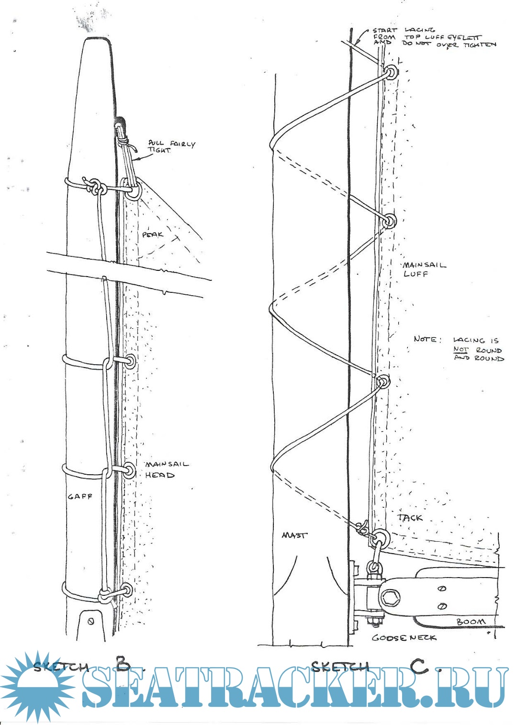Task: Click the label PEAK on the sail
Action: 153,234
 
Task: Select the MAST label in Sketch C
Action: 294,535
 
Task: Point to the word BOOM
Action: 470,622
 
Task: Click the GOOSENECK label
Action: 404,637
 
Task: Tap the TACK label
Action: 410,517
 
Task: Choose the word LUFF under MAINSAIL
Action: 416,274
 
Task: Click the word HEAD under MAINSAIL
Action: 160,475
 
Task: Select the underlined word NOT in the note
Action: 461,349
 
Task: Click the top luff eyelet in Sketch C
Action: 392,73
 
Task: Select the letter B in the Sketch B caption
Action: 123,665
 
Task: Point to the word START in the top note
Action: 385,30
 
